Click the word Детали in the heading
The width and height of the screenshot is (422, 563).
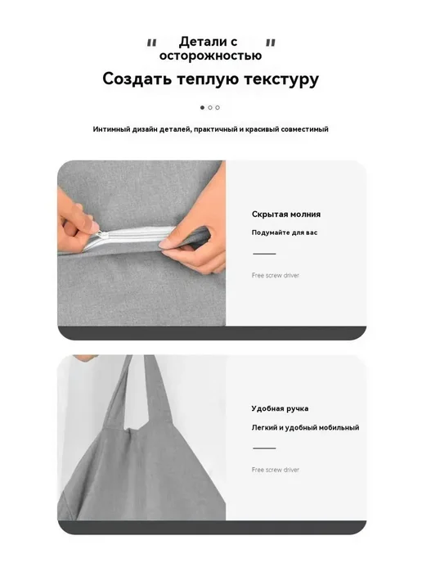pyautogui.click(x=203, y=42)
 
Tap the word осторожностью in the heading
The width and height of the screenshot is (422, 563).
pyautogui.click(x=211, y=56)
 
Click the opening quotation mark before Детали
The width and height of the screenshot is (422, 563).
pyautogui.click(x=152, y=43)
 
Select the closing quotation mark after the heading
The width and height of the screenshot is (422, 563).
pyautogui.click(x=271, y=43)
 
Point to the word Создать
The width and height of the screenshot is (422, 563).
pyautogui.click(x=137, y=79)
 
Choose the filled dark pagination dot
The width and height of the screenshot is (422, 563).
pyautogui.click(x=202, y=107)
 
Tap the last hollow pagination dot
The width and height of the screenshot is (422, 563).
pyautogui.click(x=218, y=107)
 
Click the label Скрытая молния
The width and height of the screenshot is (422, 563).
pyautogui.click(x=286, y=214)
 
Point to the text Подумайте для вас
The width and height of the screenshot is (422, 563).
pyautogui.click(x=285, y=232)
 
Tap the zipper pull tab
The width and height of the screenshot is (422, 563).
pyautogui.click(x=101, y=235)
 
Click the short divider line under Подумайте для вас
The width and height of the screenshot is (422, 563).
pyautogui.click(x=264, y=254)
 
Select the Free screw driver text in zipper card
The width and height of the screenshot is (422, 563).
pyautogui.click(x=276, y=276)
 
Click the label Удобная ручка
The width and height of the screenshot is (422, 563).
pyautogui.click(x=280, y=408)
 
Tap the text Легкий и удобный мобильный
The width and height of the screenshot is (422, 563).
pyautogui.click(x=305, y=428)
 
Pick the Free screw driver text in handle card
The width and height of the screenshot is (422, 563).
pyautogui.click(x=276, y=470)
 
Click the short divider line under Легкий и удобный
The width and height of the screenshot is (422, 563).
pyautogui.click(x=264, y=448)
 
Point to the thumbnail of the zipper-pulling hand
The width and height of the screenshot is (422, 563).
pyautogui.click(x=141, y=243)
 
